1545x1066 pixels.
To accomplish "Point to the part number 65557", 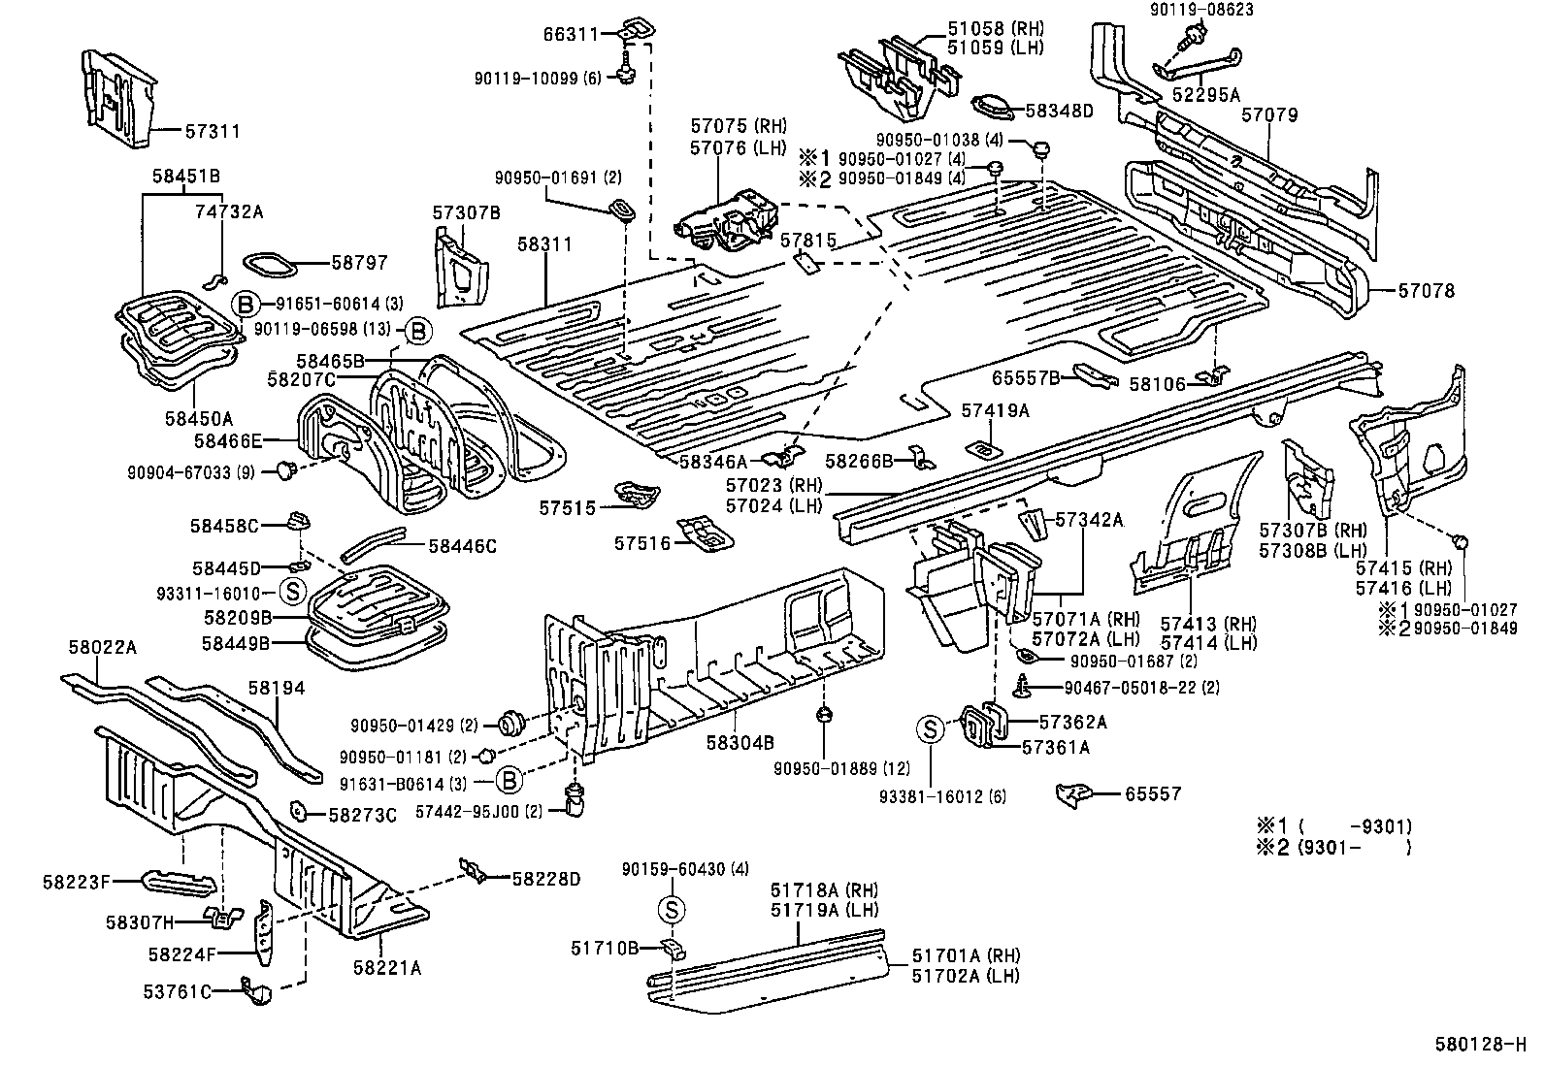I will (1153, 794).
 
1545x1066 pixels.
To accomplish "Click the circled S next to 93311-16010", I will (292, 591).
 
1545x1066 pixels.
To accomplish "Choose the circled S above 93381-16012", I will (930, 728).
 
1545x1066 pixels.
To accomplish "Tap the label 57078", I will (1426, 291).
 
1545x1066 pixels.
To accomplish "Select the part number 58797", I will (359, 263).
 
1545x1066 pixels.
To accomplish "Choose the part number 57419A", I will (995, 410).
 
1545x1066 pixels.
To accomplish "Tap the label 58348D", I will (1059, 111).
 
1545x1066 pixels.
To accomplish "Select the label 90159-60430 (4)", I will (685, 869).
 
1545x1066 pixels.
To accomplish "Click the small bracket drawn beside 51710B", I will (672, 947).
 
